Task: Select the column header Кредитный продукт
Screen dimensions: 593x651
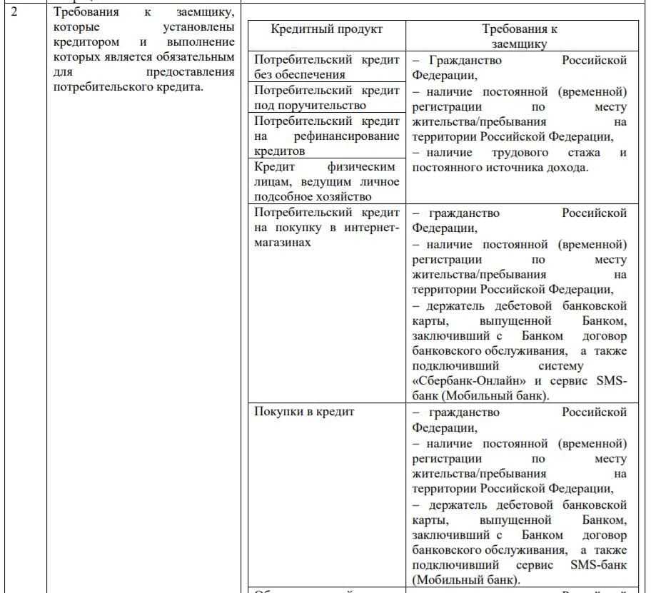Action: click(x=327, y=29)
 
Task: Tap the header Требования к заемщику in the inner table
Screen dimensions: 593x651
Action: click(x=520, y=36)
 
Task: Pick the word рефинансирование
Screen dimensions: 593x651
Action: click(x=347, y=136)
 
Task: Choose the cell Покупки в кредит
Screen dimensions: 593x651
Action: click(x=304, y=412)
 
